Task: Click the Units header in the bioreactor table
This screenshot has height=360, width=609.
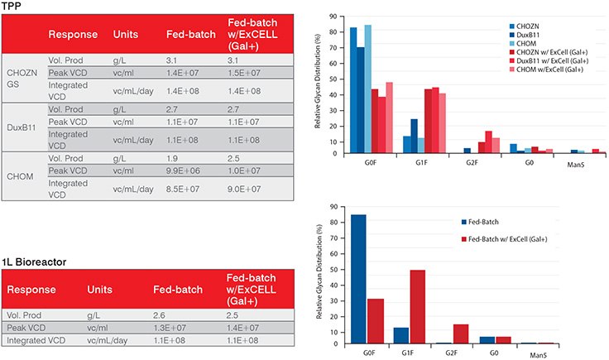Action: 103,290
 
